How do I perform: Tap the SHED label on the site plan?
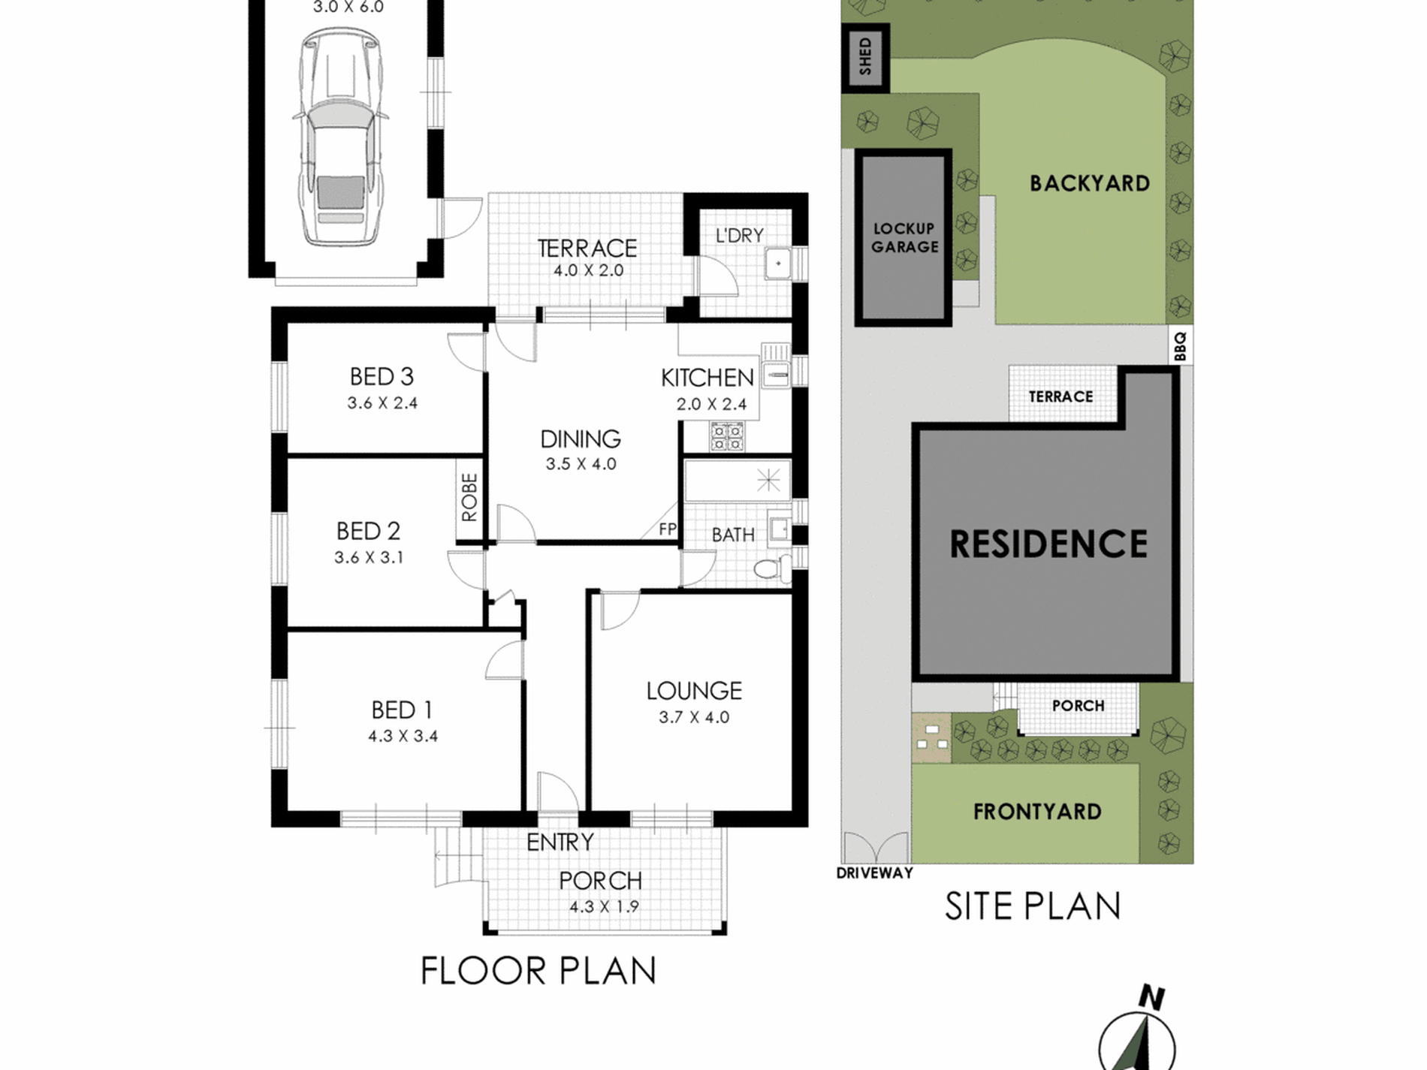865,57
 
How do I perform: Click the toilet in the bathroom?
772,568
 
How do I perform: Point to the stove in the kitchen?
726,437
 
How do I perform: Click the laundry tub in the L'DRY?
779,264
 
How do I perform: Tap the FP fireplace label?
668,529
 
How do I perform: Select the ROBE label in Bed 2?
469,497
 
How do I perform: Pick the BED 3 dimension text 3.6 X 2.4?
382,403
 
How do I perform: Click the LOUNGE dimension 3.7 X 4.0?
694,717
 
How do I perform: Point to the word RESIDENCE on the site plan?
1048,544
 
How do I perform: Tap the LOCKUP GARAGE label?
904,237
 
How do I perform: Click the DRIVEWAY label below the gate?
875,873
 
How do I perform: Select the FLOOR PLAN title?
539,970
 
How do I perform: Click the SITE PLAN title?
1033,906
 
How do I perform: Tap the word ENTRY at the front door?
560,842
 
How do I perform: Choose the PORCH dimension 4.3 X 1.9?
604,907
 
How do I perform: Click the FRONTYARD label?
1037,812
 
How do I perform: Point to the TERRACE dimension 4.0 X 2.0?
589,270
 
